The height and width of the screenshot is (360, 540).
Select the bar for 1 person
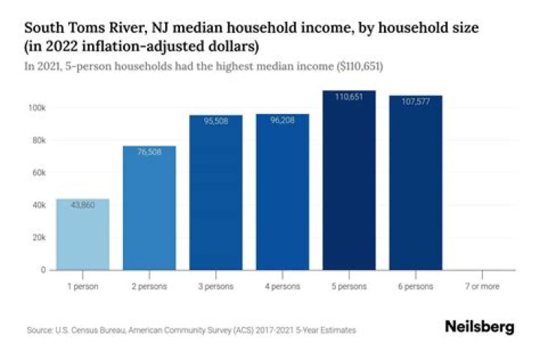(x=82, y=234)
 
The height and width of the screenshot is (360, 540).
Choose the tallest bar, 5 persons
(x=349, y=180)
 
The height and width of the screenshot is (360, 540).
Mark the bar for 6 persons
(x=415, y=182)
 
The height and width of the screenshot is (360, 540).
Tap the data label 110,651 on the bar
(x=349, y=97)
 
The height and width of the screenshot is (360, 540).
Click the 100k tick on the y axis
(x=37, y=108)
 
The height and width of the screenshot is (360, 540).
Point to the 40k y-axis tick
(x=37, y=205)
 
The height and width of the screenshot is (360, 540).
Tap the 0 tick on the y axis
(x=43, y=269)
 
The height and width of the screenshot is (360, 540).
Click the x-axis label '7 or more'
(x=482, y=286)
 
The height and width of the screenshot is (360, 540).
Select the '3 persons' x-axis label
(x=216, y=286)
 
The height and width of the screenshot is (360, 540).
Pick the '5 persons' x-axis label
(x=349, y=286)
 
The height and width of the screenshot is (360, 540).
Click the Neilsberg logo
(x=479, y=327)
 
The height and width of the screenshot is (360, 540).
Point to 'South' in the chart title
(x=43, y=28)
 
